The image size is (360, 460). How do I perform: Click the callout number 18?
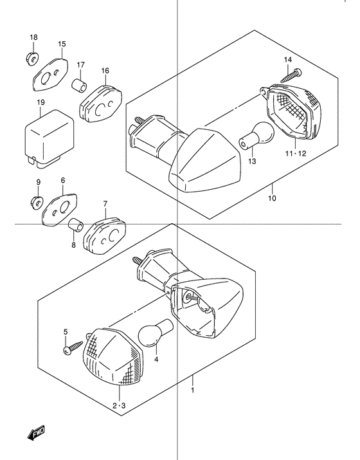pos(33,37)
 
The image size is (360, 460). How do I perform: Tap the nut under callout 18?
pos(32,59)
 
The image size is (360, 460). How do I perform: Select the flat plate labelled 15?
pos(50,75)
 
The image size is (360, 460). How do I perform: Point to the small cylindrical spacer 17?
pos(79,84)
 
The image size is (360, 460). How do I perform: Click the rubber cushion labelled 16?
pos(100,103)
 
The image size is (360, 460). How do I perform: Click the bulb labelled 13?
pos(256,136)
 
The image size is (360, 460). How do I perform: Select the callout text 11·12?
pos(296,153)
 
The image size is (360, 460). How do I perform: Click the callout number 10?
pos(272,198)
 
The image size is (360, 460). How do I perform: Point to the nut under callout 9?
pos(37,202)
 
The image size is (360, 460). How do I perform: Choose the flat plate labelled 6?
pos(60,210)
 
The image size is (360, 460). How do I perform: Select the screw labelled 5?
pos(73,347)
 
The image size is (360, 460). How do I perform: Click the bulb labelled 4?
pos(155,333)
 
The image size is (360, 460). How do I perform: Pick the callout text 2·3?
pos(119,406)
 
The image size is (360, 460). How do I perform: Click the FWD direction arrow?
pos(37,432)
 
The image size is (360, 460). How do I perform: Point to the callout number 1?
pos(193,390)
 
